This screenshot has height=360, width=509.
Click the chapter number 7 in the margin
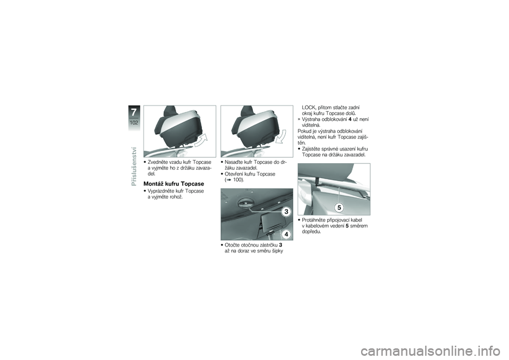[x=134, y=112]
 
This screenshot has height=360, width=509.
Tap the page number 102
[x=134, y=122]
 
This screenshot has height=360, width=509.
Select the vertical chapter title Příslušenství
[x=134, y=166]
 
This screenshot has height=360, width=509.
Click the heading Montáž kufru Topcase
[x=174, y=184]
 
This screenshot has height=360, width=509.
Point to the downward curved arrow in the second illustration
[x=281, y=136]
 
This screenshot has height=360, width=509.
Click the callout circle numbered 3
[x=286, y=212]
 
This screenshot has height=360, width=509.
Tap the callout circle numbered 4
[x=286, y=234]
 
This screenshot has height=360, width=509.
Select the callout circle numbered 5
[x=339, y=207]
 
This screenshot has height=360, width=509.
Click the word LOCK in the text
[x=309, y=108]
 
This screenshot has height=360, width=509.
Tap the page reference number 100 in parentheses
[x=238, y=180]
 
